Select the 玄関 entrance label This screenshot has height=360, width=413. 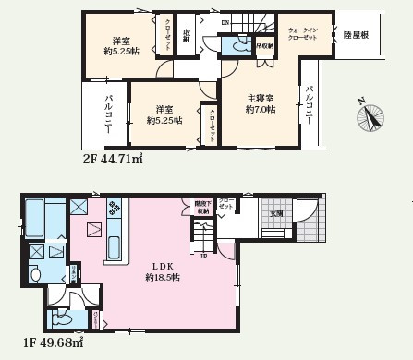coord(274,213)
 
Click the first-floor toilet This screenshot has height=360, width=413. coord(63,318)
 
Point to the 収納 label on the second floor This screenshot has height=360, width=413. coord(186,37)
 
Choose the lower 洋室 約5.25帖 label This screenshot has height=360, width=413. coord(164,113)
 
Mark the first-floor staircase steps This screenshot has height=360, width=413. coord(204,242)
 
